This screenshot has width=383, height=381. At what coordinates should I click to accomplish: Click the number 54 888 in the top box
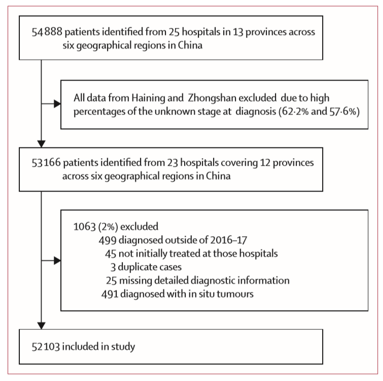[47, 32]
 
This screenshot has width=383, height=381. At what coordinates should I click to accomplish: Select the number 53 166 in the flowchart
[46, 163]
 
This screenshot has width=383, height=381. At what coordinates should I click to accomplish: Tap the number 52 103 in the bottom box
[46, 347]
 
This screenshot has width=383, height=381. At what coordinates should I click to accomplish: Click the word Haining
[145, 98]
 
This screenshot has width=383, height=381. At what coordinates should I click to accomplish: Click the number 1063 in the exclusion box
[85, 227]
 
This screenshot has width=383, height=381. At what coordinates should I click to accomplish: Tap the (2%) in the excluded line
[108, 227]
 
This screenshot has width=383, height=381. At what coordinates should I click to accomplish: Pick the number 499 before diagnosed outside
[108, 240]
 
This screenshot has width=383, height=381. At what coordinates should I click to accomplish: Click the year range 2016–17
[229, 240]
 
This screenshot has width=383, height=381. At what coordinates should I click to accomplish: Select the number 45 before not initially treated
[111, 254]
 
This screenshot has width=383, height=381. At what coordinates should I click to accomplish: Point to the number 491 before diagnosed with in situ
[110, 294]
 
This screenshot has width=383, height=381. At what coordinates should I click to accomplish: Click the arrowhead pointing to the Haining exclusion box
[57, 104]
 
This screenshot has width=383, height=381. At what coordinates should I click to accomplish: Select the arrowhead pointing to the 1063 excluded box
[57, 261]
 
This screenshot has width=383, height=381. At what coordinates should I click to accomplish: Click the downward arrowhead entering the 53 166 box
[41, 144]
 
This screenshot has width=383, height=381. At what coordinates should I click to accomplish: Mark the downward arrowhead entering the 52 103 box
[41, 326]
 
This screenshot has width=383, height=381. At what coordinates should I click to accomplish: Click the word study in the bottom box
[123, 347]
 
